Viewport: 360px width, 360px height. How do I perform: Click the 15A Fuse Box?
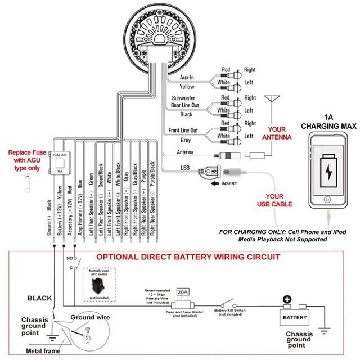pyautogui.click(x=60, y=163)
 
